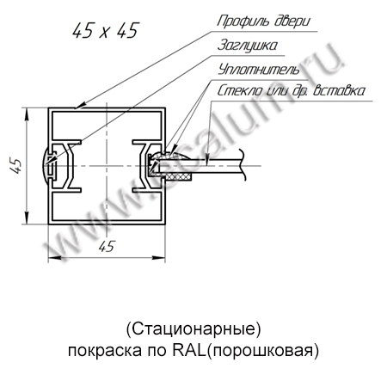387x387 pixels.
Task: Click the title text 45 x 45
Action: tap(106, 30)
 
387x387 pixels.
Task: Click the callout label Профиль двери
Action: tap(263, 21)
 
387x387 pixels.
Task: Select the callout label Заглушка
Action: tap(248, 46)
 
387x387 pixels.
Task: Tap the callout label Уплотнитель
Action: tap(258, 70)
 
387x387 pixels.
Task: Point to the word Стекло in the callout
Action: tap(240, 90)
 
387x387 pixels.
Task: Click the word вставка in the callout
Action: tap(339, 90)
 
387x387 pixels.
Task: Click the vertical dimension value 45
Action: tap(16, 165)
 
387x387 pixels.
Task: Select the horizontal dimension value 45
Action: tap(107, 246)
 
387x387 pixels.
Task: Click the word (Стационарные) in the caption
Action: tap(193, 329)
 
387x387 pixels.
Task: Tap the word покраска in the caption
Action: tap(105, 351)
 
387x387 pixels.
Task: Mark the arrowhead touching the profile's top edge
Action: tap(82, 105)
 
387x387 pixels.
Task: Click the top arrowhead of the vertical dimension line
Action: tap(27, 114)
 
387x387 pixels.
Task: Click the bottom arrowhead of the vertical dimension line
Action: tap(27, 218)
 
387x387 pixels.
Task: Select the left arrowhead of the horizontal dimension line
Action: tap(54, 258)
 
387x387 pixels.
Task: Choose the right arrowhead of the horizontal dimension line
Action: tap(159, 258)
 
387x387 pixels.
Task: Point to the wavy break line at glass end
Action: tap(243, 166)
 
